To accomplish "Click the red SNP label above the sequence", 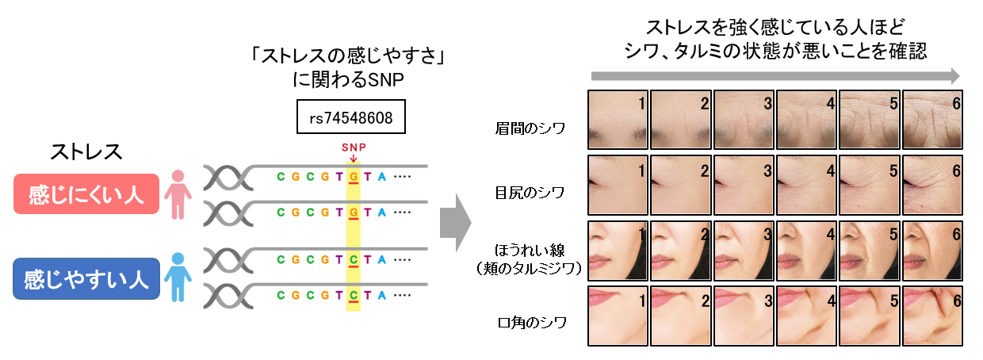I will [353, 147].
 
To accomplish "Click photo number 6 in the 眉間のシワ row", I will [933, 119].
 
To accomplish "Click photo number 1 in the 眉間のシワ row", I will [618, 119].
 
